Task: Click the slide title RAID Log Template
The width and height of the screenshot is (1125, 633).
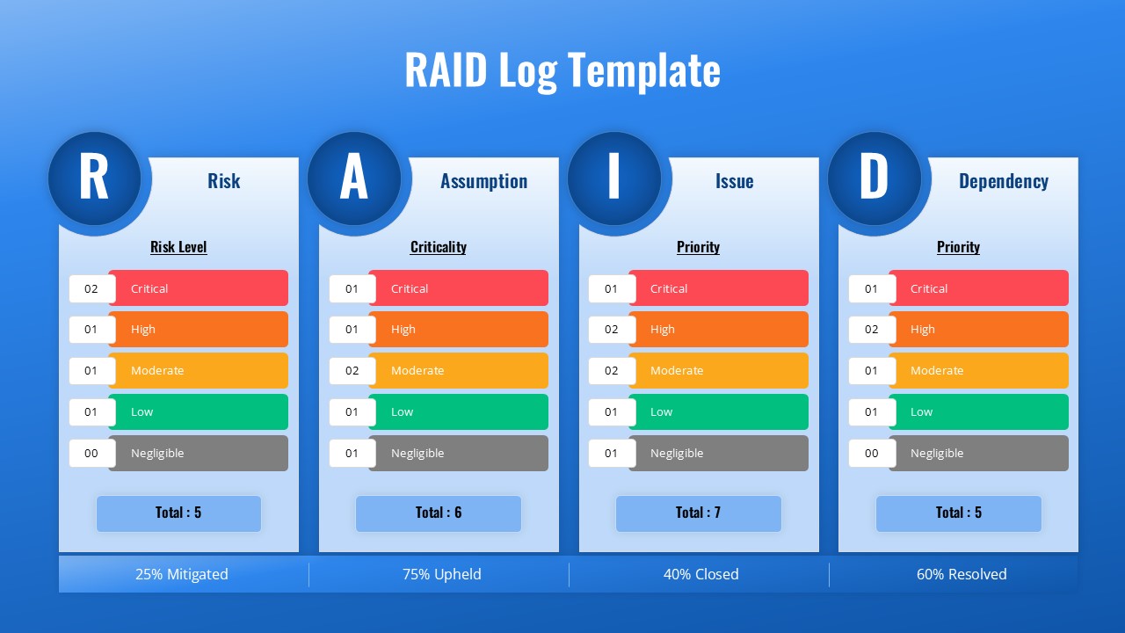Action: (562, 70)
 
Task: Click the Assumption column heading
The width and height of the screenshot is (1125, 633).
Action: (483, 181)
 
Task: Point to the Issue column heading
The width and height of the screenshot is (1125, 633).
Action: (734, 181)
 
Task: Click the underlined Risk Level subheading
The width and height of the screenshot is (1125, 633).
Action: (178, 247)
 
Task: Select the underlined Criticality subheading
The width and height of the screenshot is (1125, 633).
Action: (438, 247)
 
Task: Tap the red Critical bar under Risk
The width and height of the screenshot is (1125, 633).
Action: (199, 288)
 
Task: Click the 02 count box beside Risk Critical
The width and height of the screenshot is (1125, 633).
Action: (91, 288)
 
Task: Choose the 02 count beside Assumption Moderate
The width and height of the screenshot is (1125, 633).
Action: (352, 371)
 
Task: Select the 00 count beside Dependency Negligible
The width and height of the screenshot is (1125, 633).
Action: (871, 454)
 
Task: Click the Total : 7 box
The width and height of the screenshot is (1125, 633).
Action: (698, 513)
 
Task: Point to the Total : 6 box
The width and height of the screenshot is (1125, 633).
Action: (438, 513)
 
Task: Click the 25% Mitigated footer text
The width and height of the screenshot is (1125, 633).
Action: (181, 574)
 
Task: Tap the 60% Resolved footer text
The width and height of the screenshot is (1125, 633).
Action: (962, 574)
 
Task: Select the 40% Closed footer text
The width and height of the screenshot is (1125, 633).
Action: (700, 574)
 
